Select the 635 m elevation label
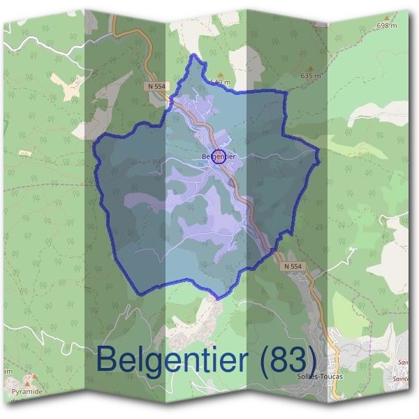pyautogui.click(x=311, y=75)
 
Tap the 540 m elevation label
pyautogui.click(x=220, y=82)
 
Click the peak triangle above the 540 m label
pyautogui.click(x=221, y=73)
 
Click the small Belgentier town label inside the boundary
pyautogui.click(x=218, y=156)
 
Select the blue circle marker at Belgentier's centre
pyautogui.click(x=219, y=155)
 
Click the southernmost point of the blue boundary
pyautogui.click(x=218, y=299)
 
